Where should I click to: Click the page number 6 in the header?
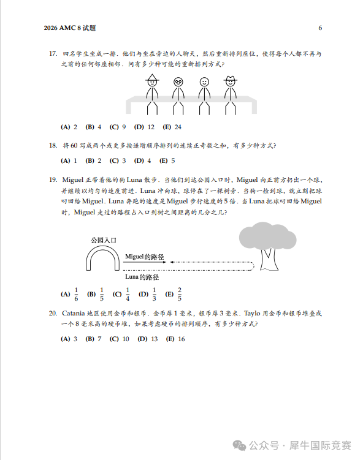(x=320, y=28)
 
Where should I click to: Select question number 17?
(x=53, y=54)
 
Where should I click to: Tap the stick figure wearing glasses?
(x=178, y=92)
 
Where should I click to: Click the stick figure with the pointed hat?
(x=152, y=92)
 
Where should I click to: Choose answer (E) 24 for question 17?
(x=172, y=127)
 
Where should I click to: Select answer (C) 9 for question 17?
(x=118, y=127)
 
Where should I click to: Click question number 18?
(x=53, y=146)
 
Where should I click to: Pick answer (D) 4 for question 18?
(x=142, y=160)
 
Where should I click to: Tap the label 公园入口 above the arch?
(x=103, y=240)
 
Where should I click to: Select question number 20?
(x=53, y=313)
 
